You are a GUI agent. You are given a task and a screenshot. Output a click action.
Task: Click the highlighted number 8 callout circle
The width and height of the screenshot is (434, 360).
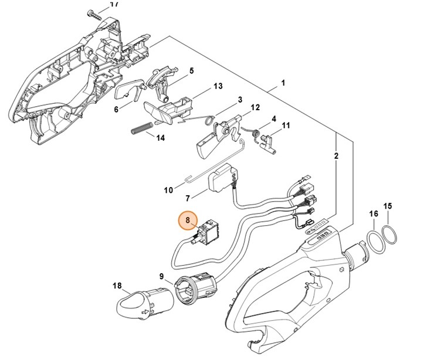point(188,220)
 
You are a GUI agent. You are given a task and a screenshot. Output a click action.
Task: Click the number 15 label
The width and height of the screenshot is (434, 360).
point(387,206)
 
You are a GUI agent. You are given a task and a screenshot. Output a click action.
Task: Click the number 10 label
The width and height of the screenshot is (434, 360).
point(168,190)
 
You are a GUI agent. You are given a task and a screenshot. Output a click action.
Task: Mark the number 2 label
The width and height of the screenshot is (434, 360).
point(336,156)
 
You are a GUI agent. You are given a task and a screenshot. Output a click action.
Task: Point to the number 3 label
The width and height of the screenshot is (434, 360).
point(240,100)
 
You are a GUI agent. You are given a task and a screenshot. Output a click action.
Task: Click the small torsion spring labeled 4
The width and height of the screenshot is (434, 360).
point(255,134)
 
